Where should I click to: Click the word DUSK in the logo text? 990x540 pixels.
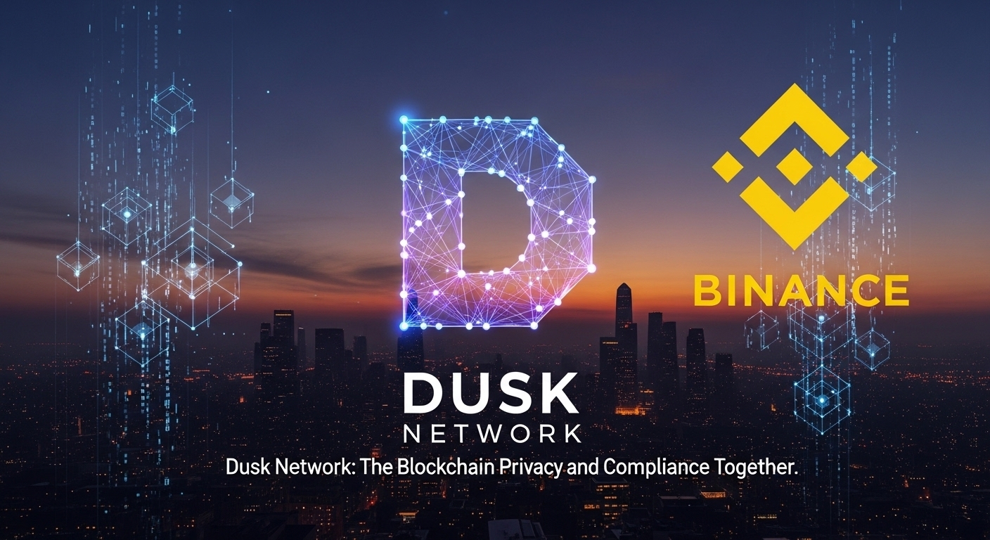coord(490,393)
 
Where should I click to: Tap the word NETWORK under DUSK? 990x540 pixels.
coord(492,432)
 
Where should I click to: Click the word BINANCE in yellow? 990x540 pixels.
coord(801,290)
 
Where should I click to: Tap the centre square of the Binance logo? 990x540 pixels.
coord(794,166)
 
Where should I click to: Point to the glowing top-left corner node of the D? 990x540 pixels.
coord(404,120)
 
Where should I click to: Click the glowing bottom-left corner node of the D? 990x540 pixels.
coord(404,326)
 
